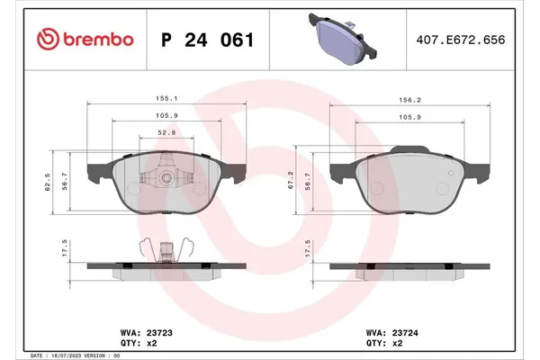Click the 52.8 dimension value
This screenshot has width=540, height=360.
click(166, 131)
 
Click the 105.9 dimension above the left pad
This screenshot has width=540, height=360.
click(164, 116)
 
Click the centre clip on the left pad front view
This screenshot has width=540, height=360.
click(166, 177)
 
